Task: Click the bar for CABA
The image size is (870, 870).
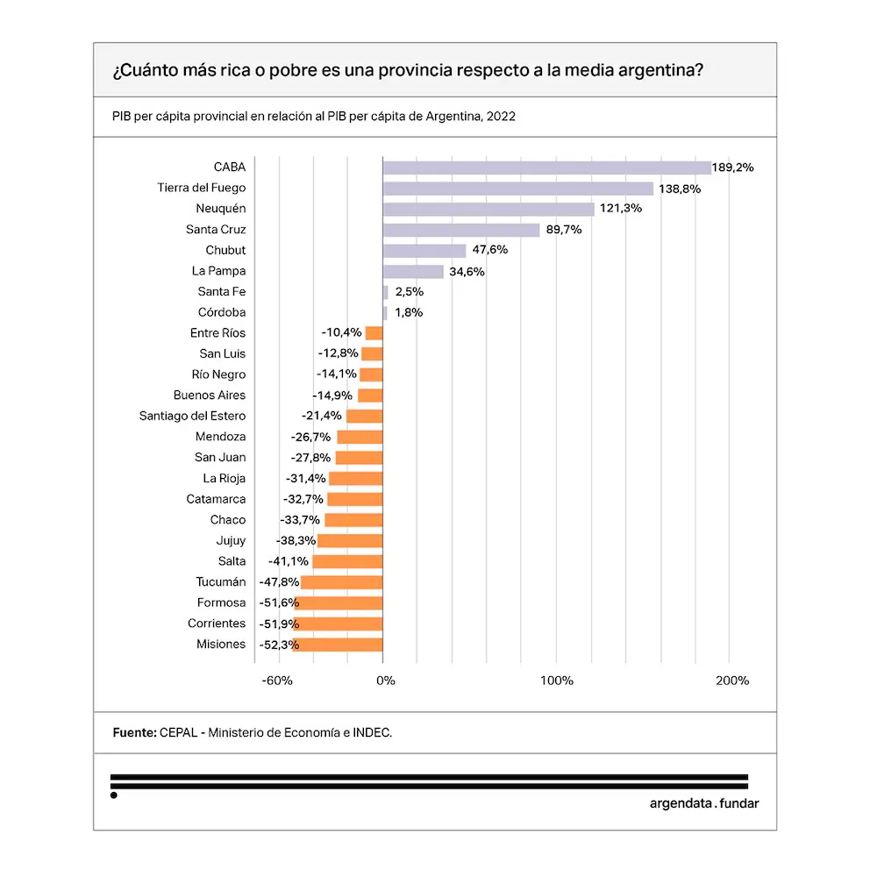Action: tap(546, 168)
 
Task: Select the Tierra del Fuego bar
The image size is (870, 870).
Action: tap(517, 189)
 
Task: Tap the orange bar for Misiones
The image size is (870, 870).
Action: tap(338, 645)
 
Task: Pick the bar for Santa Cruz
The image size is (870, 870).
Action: tap(461, 230)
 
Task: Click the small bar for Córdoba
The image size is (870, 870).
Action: tap(385, 313)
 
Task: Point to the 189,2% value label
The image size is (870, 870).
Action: tap(733, 168)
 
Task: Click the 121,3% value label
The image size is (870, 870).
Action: tap(621, 209)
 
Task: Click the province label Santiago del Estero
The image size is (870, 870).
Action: tap(192, 417)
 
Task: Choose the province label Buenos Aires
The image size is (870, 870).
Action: tap(210, 396)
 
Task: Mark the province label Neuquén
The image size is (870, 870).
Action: tap(221, 209)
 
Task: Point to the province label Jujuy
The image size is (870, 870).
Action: tap(231, 541)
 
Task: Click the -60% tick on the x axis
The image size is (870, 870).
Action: tap(278, 681)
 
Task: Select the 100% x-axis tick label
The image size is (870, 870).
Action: tap(556, 681)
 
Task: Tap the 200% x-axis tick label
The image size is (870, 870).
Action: tap(731, 681)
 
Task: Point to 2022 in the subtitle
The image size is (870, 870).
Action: tap(500, 116)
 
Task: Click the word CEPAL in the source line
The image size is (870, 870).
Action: tap(179, 732)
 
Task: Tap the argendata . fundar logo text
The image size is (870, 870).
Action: tap(704, 803)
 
